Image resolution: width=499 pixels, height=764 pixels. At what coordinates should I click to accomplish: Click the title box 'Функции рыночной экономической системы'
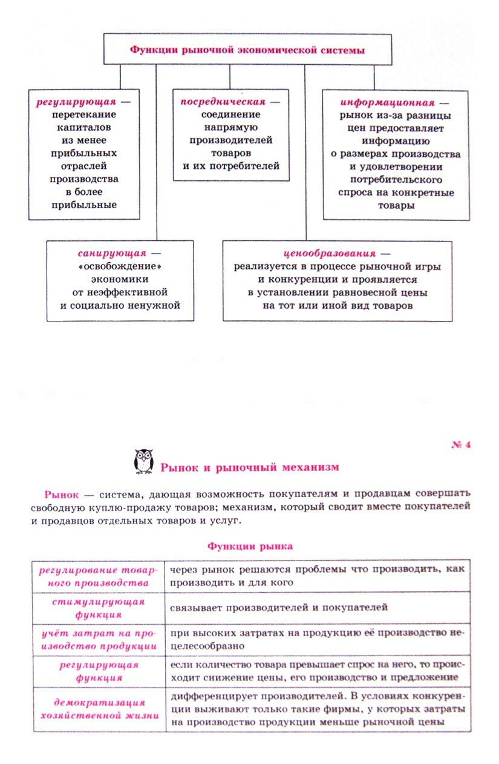pos(247,50)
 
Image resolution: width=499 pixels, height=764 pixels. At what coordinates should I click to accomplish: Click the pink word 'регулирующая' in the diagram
pos(76,102)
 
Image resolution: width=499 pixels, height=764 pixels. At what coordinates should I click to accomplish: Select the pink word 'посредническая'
pos(223,102)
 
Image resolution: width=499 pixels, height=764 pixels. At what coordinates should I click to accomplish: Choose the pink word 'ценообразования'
pos(329,253)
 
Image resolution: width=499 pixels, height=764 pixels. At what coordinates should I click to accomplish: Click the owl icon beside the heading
pos(143,462)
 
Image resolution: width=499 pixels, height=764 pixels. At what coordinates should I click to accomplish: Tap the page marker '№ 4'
pos(461,445)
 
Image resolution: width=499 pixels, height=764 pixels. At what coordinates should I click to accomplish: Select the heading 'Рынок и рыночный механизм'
pos(249,467)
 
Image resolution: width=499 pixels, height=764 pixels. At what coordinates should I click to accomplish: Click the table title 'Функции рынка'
pos(250,546)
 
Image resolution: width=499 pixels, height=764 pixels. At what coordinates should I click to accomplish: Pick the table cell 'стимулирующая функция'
pos(99,608)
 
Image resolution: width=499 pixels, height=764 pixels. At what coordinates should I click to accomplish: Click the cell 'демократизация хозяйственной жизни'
pos(99,709)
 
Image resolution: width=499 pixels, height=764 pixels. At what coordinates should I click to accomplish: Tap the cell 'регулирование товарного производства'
pos(99,576)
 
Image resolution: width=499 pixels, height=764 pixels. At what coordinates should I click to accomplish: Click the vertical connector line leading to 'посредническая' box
pos(229,76)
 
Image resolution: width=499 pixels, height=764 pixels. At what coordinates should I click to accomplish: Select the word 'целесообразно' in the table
pos(206,645)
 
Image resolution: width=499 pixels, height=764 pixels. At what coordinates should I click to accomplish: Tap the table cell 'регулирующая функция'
pos(99,671)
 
